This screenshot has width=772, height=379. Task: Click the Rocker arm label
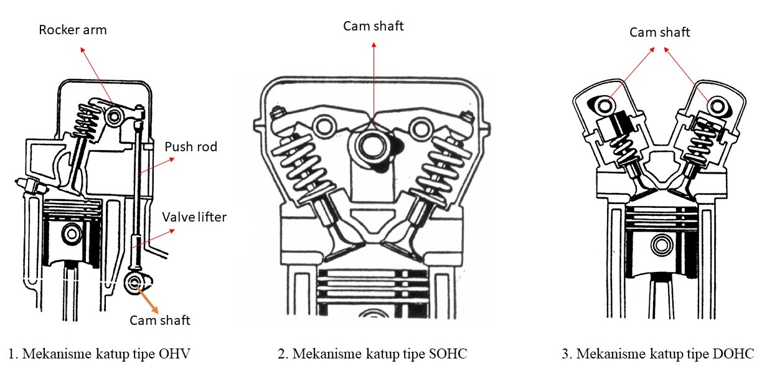pos(72,30)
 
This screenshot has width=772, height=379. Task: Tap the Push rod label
pos(191,147)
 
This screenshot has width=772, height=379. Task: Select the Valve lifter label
pos(194,217)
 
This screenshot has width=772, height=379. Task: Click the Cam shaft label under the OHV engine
pos(159,321)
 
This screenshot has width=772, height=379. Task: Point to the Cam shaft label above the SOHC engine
pos(374,26)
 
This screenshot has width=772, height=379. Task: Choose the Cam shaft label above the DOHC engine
pos(659,32)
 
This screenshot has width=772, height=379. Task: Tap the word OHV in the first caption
pos(176,354)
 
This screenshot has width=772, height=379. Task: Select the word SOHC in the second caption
pos(448,354)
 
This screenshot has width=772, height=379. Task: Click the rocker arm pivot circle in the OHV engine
pos(115,116)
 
